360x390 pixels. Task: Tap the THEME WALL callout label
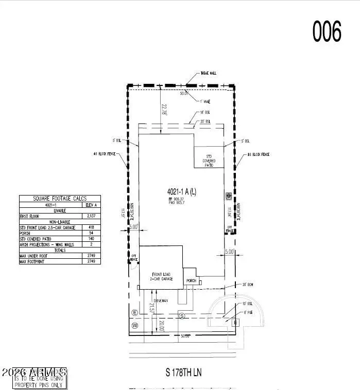209,74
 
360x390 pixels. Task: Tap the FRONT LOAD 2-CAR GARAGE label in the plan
161,277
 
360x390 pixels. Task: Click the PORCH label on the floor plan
192,280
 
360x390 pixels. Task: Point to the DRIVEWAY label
161,300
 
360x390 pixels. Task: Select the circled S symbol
181,315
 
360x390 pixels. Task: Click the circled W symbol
135,325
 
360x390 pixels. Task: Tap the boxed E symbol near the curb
236,323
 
